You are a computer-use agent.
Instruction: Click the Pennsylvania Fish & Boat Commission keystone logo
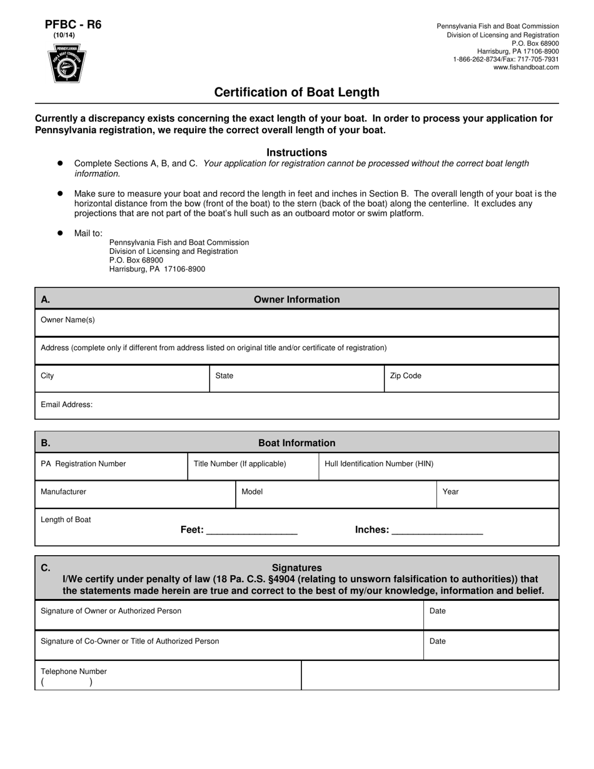click(x=67, y=64)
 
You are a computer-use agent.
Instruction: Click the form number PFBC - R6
click(x=73, y=25)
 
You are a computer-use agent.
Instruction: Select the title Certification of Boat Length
click(x=296, y=93)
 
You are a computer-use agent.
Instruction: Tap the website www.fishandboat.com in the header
click(x=526, y=68)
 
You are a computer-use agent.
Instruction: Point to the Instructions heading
click(x=296, y=153)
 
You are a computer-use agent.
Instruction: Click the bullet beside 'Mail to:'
click(x=61, y=233)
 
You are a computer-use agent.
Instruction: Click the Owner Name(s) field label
click(x=68, y=320)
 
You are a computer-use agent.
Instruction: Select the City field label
click(x=48, y=376)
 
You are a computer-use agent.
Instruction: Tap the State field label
click(x=224, y=376)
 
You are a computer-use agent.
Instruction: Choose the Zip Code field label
click(x=405, y=376)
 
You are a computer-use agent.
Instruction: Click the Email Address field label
click(x=66, y=405)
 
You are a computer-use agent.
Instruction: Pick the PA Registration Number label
click(x=83, y=464)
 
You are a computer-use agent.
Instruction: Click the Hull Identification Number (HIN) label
click(x=379, y=464)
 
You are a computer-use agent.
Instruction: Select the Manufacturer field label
click(x=63, y=492)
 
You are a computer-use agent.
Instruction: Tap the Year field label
click(x=450, y=492)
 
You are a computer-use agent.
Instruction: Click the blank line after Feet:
click(x=251, y=531)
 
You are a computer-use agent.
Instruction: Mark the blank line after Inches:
click(x=436, y=531)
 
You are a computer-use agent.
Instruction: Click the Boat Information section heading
click(x=296, y=443)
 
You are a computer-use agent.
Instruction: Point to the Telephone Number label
click(x=74, y=671)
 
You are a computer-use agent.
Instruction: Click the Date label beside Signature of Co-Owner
click(x=438, y=641)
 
